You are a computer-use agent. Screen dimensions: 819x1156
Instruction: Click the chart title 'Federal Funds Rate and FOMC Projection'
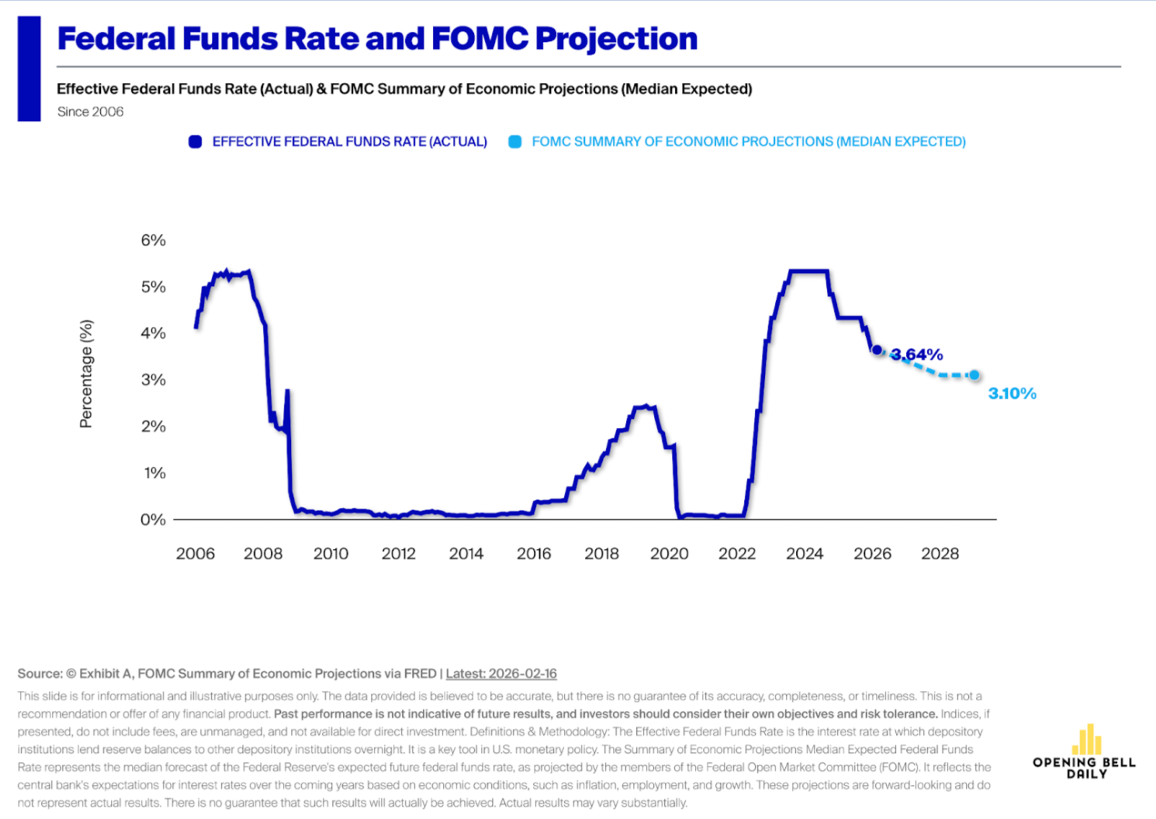[x=377, y=39]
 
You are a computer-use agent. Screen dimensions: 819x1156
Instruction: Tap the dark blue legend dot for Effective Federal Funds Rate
[x=196, y=142]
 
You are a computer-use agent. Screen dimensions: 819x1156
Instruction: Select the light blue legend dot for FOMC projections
[x=515, y=142]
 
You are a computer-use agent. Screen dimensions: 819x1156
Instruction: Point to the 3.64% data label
[x=918, y=355]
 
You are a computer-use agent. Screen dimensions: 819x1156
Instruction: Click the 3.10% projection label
[x=1012, y=394]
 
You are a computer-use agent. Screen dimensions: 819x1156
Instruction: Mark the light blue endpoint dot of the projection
[x=974, y=375]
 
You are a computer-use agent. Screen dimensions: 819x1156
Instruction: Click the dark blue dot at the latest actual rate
[x=877, y=351]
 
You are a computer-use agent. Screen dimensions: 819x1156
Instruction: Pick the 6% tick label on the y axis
[x=153, y=240]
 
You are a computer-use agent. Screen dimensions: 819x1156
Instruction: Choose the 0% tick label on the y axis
[x=153, y=520]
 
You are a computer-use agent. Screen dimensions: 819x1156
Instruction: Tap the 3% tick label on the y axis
[x=153, y=380]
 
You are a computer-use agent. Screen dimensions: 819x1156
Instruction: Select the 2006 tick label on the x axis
[x=196, y=554]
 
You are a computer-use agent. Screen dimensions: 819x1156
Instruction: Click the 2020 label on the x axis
[x=669, y=554]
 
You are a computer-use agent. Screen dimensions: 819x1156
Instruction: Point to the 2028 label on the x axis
[x=940, y=554]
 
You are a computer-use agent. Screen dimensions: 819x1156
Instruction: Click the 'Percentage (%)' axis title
[x=86, y=374]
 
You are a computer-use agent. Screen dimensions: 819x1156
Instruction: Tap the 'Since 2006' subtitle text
[x=90, y=112]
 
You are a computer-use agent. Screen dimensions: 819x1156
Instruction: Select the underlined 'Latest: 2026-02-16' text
[x=501, y=674]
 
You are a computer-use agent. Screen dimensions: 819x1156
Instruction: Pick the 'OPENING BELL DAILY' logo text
[x=1084, y=768]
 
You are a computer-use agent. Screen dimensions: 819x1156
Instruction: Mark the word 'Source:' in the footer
[x=40, y=674]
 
